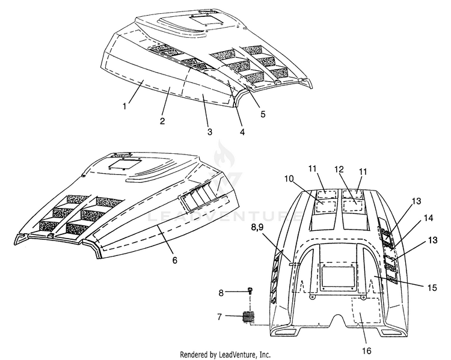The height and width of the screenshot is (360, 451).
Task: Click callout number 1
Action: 124,106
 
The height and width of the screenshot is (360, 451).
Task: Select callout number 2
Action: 162,121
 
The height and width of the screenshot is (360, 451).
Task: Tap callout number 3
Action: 210,132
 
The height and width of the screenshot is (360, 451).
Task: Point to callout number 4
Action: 242,132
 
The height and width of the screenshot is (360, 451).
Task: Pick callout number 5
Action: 263,114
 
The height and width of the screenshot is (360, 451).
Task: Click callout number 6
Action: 174,260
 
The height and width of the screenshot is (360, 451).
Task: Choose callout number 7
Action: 219,317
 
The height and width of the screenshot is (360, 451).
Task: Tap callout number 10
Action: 289,179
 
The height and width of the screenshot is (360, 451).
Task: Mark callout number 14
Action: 428,219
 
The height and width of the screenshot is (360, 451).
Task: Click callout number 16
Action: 367,351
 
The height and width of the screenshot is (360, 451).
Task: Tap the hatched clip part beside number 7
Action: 249,317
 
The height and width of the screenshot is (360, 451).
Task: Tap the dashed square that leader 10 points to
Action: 326,206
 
